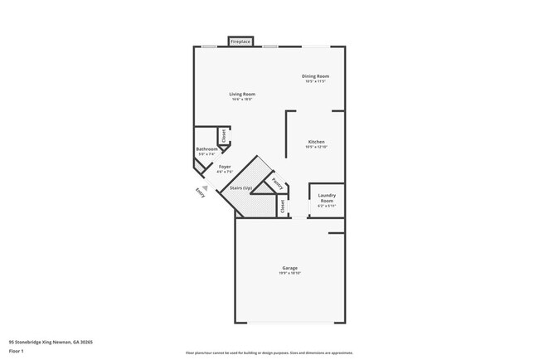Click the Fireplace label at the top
[x=240, y=41]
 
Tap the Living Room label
[x=242, y=95]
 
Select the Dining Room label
[x=316, y=76]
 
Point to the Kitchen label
[x=316, y=142]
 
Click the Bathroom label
[x=206, y=149]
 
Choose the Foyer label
[x=225, y=167]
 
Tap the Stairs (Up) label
[x=241, y=188]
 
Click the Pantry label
[x=277, y=185]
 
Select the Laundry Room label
[x=327, y=198]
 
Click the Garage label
[x=289, y=268]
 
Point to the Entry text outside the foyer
[x=199, y=192]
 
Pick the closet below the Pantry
[x=282, y=207]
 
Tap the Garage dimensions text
[x=289, y=273]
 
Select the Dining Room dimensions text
[x=316, y=81]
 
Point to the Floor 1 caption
[x=17, y=351]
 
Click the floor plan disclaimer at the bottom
[x=269, y=353]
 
